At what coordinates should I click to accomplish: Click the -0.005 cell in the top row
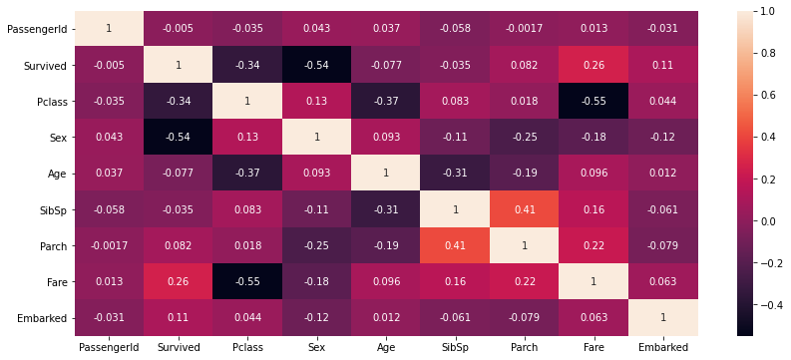click(x=178, y=28)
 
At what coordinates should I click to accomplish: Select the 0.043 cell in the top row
click(x=316, y=28)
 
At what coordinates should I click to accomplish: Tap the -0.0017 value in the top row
click(x=524, y=28)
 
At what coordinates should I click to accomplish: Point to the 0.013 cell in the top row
click(x=593, y=28)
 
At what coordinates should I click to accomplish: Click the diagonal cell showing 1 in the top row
click(x=109, y=28)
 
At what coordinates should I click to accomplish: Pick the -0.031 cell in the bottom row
click(x=109, y=318)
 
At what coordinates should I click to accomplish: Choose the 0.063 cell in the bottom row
click(x=593, y=318)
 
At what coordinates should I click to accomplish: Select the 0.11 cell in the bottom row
click(x=178, y=318)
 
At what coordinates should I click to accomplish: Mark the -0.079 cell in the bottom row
click(x=524, y=318)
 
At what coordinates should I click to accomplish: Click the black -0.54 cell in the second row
click(x=316, y=65)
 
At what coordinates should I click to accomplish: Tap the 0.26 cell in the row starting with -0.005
click(x=593, y=65)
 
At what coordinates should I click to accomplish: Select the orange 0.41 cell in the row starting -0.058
click(x=524, y=209)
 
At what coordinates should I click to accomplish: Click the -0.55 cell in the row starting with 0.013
click(x=247, y=282)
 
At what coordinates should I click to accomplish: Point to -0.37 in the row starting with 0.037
click(x=247, y=174)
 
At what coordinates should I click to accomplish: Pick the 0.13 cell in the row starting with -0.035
click(x=316, y=101)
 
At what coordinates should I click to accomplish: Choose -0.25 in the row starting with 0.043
click(x=524, y=137)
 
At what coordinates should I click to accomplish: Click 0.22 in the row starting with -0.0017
click(x=593, y=245)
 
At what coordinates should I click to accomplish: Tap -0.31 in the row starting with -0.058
click(x=386, y=209)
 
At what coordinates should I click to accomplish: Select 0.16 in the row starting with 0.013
click(x=455, y=282)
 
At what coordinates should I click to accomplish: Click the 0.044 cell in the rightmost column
click(x=662, y=101)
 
